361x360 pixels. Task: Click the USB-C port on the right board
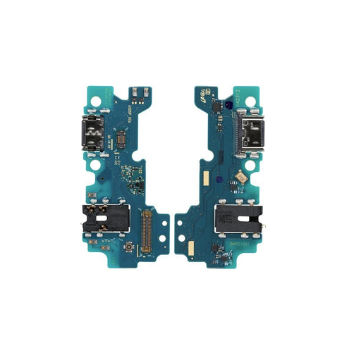(252, 131)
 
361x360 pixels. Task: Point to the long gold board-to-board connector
(148, 231)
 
